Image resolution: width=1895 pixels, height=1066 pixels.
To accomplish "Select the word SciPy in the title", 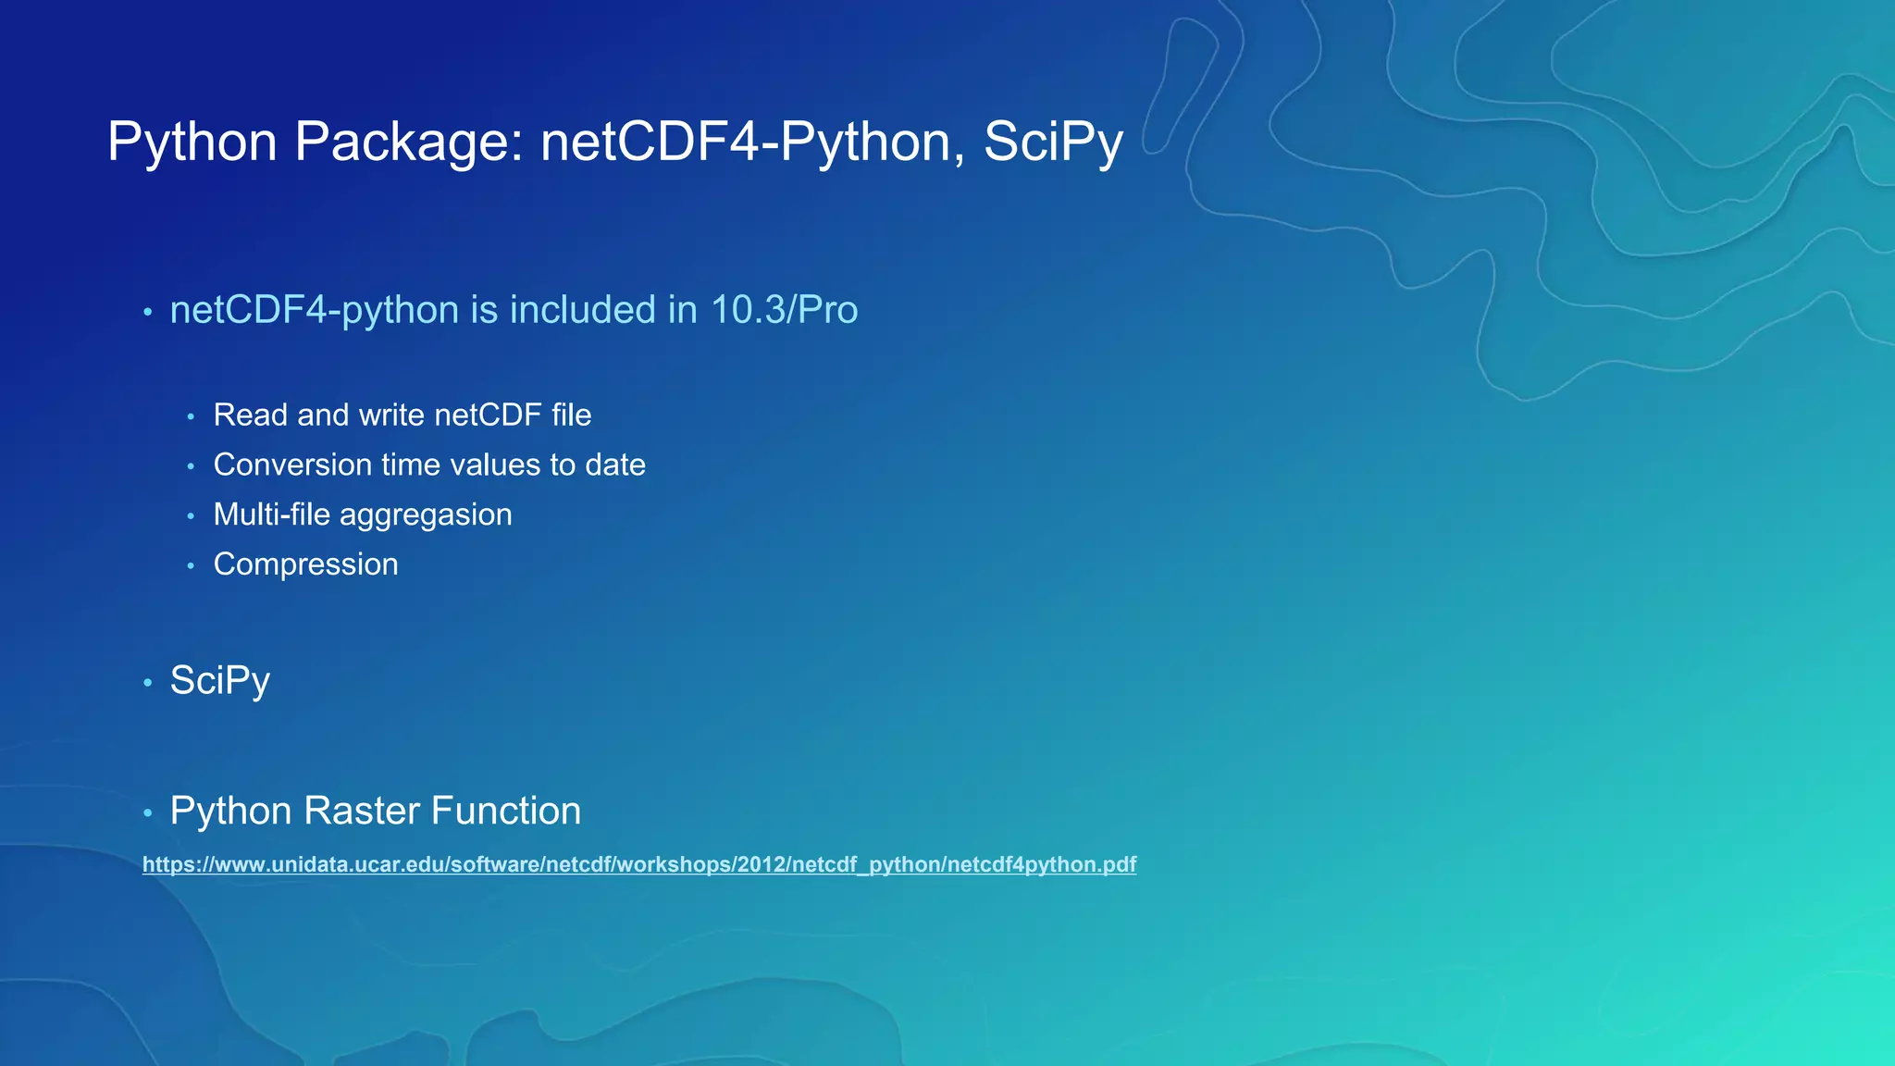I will coord(1053,142).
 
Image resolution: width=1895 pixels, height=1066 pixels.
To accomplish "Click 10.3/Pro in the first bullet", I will coord(784,310).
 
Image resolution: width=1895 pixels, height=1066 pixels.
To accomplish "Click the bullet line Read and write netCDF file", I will coord(403,415).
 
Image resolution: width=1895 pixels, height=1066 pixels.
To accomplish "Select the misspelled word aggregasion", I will coord(426,515).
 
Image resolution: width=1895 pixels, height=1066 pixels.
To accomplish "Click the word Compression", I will coord(306,564).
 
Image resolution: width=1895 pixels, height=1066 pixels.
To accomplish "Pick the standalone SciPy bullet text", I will coord(220,681).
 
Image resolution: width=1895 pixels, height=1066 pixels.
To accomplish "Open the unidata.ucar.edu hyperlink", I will coord(638,864).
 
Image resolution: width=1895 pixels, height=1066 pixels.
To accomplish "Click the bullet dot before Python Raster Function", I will coord(148,813).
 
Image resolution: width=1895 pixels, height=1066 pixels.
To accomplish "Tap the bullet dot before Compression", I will coord(191,565).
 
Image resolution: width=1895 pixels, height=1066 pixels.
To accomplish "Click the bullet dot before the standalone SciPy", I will coord(148,684).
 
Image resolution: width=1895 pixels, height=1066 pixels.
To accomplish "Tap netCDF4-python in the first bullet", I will coord(315,310).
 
